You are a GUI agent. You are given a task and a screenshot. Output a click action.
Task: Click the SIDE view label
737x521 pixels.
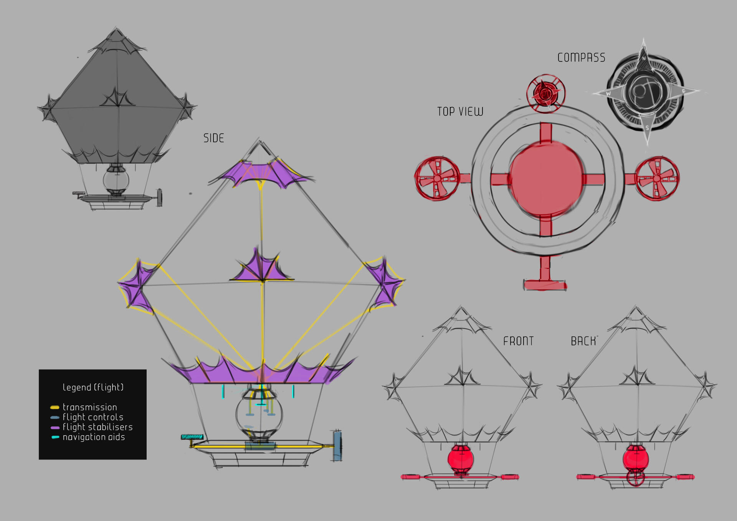point(213,138)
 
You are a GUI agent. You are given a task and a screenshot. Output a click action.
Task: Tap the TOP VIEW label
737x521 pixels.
point(460,112)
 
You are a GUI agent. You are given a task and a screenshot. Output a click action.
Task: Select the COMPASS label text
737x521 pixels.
point(581,58)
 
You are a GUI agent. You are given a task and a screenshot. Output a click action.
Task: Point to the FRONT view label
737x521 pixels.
point(518,341)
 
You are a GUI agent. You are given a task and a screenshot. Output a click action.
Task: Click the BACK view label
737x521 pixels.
point(583,341)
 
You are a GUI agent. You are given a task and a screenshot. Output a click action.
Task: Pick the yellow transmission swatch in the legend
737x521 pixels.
point(55,407)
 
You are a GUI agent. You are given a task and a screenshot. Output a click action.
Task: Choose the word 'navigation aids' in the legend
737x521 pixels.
point(94,437)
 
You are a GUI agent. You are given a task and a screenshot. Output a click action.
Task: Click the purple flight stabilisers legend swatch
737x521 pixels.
point(55,427)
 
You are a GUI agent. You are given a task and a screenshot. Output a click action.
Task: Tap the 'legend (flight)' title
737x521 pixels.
point(93,387)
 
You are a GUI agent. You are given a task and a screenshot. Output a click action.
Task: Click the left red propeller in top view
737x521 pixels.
point(437,178)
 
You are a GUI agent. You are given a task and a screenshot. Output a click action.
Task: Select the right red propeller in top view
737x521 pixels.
point(657,178)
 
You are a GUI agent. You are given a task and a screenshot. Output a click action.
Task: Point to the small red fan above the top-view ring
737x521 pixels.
point(545,93)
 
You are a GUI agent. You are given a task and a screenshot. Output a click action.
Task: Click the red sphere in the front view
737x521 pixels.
point(461,459)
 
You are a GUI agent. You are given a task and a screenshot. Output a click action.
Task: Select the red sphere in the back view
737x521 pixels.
point(636,458)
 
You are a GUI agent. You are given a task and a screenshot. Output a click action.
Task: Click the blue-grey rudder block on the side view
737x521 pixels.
point(337,446)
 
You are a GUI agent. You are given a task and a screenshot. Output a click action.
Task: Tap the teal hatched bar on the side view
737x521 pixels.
point(192,437)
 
